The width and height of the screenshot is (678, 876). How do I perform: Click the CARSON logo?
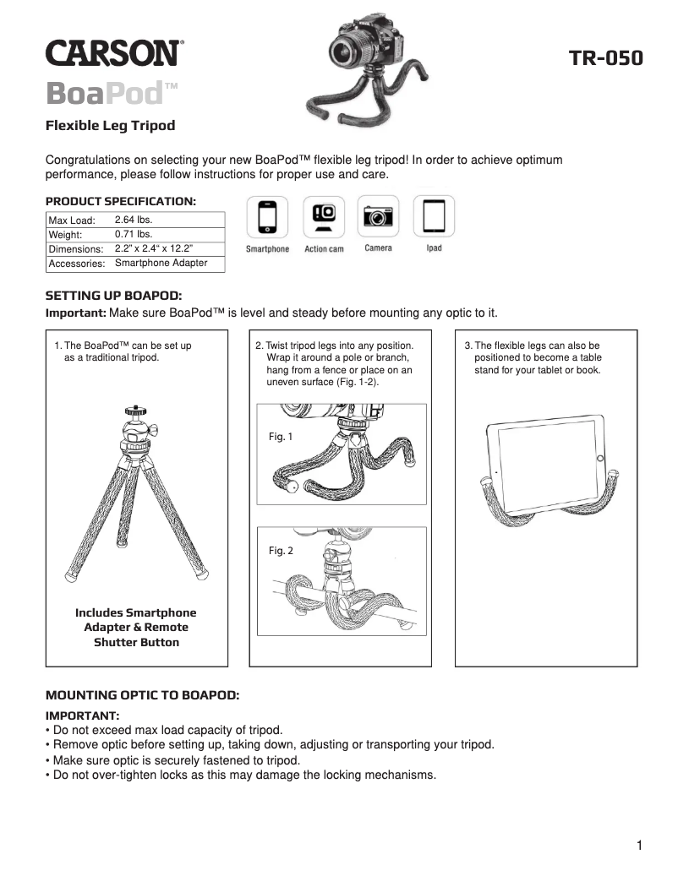click(113, 54)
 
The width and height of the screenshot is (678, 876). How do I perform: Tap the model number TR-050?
click(605, 58)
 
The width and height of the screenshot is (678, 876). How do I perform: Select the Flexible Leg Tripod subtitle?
click(110, 126)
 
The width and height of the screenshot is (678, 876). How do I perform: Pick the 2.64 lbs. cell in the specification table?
click(133, 220)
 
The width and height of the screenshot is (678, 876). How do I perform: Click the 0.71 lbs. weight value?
click(133, 234)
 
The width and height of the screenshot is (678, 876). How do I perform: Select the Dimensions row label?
click(76, 249)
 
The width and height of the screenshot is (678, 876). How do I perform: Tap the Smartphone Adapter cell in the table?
click(160, 264)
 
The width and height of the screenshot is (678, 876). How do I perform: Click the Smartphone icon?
click(267, 217)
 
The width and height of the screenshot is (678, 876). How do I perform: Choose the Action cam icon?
click(324, 217)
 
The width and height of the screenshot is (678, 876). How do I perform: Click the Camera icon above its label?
click(379, 217)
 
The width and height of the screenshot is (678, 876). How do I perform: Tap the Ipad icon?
click(434, 217)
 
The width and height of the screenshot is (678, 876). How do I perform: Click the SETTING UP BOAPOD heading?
click(113, 297)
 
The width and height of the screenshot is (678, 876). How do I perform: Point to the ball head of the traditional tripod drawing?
click(135, 412)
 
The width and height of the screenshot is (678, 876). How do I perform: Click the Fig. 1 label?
click(280, 437)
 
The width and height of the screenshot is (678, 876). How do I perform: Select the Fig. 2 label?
click(281, 551)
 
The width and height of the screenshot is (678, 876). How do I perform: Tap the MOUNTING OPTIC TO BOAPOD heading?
click(142, 694)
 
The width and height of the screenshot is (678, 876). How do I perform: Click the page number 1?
click(640, 846)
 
